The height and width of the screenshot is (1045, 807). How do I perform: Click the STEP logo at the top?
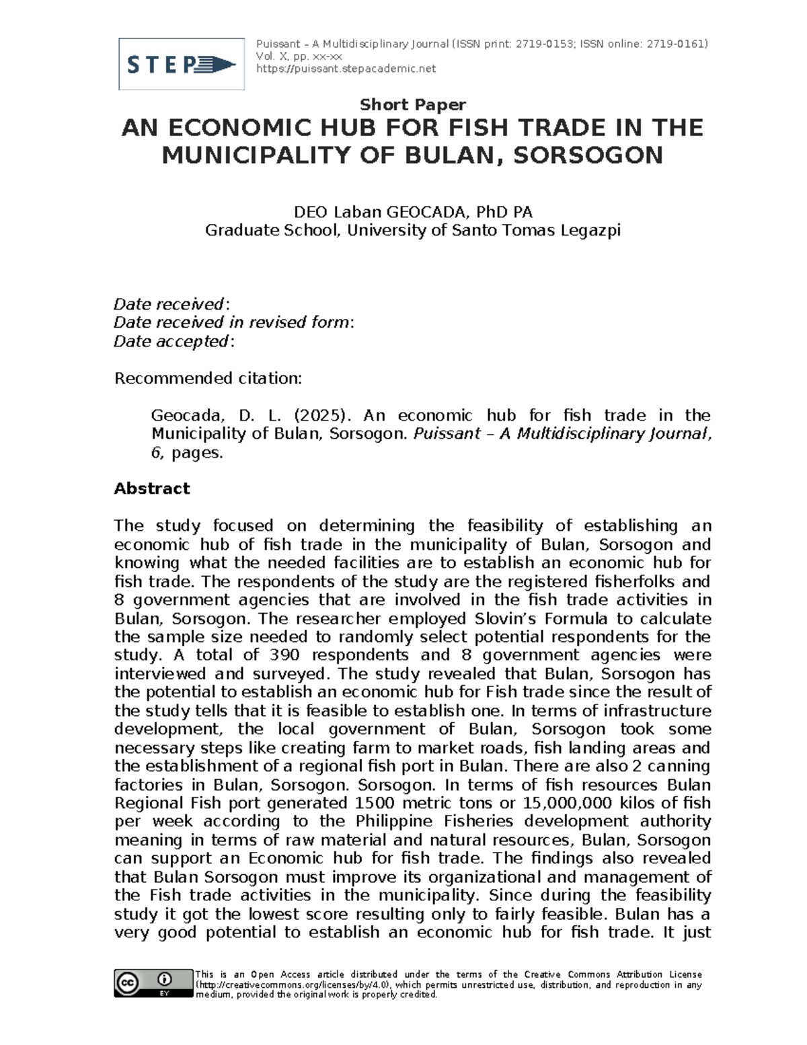click(x=181, y=65)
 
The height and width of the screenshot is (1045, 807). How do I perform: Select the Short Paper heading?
click(x=412, y=104)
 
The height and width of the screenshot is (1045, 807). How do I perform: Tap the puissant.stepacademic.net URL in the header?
click(x=346, y=69)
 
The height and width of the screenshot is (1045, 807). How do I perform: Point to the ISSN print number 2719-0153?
click(x=543, y=44)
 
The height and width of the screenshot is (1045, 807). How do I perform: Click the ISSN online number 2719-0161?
click(x=675, y=44)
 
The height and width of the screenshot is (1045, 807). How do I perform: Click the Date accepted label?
click(x=171, y=342)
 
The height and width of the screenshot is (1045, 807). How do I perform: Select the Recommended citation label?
click(x=208, y=379)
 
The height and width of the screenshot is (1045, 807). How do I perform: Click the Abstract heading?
click(x=152, y=489)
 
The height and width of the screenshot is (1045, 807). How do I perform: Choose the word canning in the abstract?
click(x=679, y=766)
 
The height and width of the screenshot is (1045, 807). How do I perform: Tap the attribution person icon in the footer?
click(x=164, y=979)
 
